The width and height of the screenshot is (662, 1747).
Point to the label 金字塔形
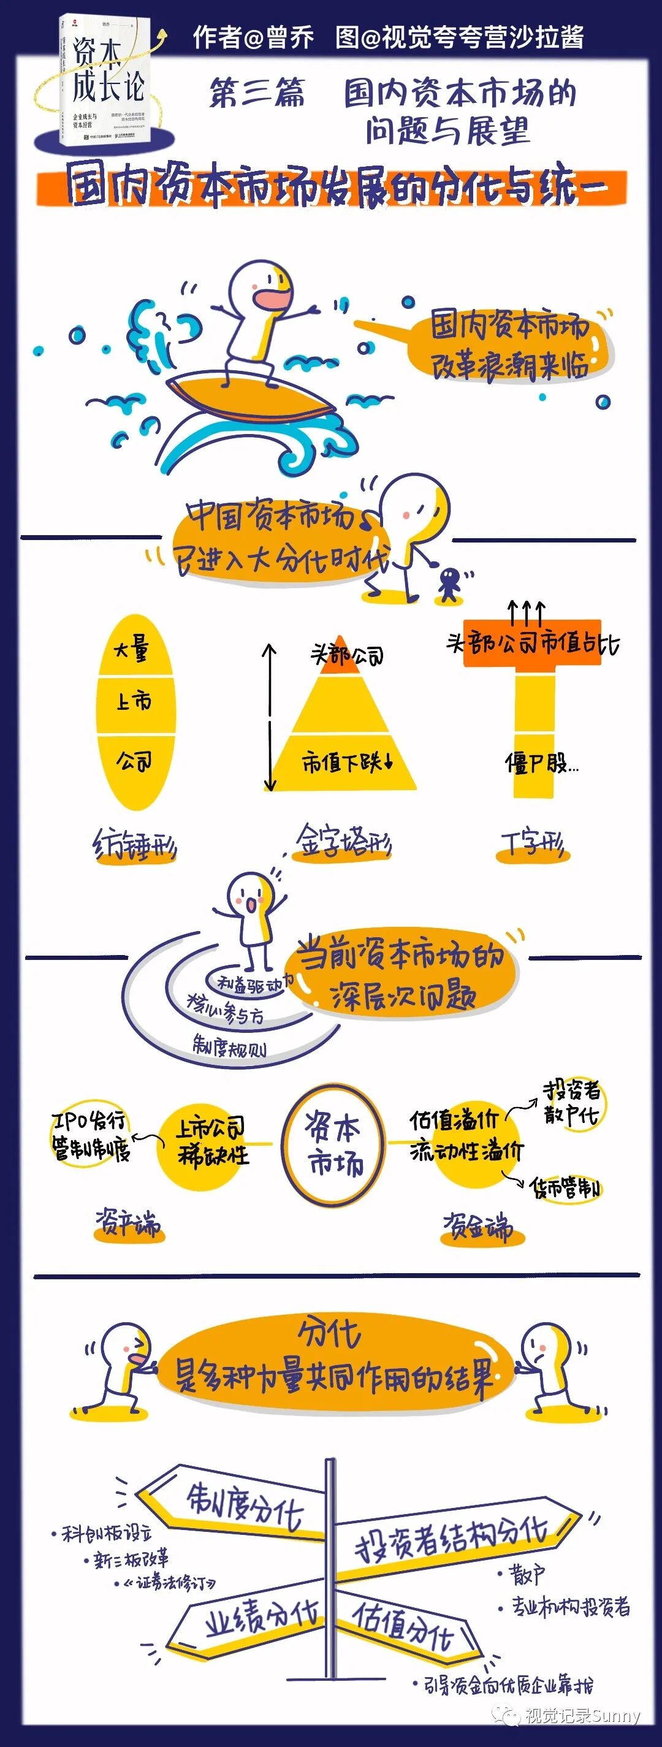click(x=343, y=842)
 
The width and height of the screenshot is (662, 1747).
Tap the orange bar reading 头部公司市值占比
click(x=533, y=643)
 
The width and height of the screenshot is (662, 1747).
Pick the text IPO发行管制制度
click(x=91, y=1136)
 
